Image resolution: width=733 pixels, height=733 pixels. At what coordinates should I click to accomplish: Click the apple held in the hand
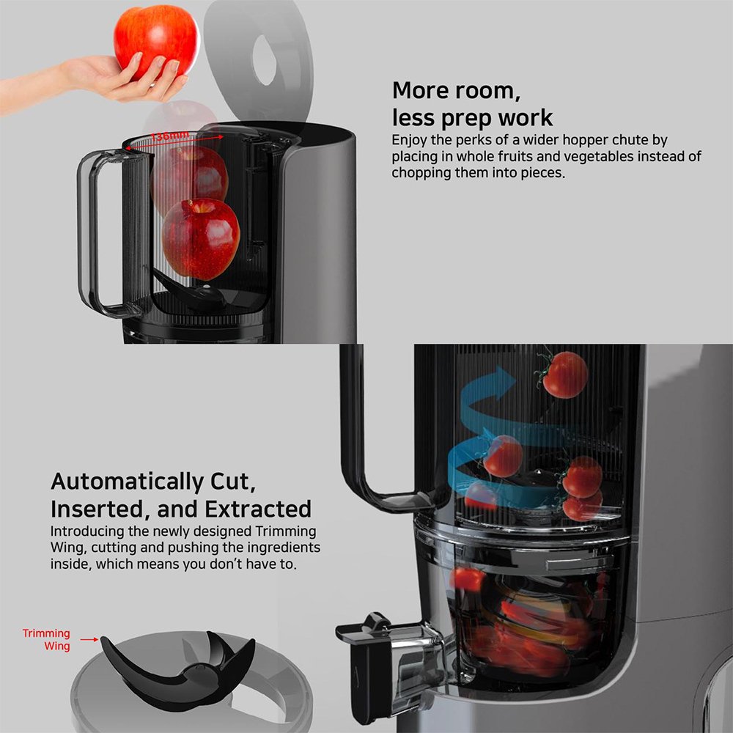pos(156,42)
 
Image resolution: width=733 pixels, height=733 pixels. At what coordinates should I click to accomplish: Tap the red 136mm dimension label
pos(170,136)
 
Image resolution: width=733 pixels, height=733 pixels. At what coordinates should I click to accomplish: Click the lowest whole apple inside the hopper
pos(201,238)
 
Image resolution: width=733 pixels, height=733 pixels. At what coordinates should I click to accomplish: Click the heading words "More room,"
pos(456,90)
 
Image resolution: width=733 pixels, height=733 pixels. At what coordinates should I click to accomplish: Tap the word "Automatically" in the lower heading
pos(127,482)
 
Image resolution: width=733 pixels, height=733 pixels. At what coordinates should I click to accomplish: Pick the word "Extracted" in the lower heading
pos(257,509)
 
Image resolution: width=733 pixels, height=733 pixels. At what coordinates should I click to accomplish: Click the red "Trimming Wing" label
pos(47,639)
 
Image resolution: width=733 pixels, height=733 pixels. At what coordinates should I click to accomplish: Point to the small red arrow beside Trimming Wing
pos(89,639)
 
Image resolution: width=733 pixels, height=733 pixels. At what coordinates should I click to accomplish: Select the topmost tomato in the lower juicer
pos(564,375)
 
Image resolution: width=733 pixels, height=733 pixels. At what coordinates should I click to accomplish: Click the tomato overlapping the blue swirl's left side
pos(502,456)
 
